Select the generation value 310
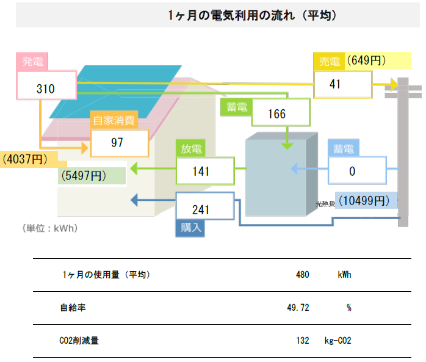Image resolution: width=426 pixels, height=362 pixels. pos(46,89)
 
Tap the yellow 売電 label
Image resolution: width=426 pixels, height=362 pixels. pos(330,62)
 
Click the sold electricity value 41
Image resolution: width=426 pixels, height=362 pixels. pos(334,85)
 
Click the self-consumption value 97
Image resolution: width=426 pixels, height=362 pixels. pos(117,143)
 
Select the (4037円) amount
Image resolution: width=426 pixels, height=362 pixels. pos(26,159)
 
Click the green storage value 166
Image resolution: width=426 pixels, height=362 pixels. pos(276,114)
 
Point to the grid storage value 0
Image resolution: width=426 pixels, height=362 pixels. pos(352,171)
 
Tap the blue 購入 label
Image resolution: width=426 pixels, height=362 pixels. pos(189,228)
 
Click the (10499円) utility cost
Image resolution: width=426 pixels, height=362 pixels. pos(364,200)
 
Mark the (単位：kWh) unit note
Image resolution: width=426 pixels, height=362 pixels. pos(49,228)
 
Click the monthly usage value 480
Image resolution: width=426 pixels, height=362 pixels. pos(302,275)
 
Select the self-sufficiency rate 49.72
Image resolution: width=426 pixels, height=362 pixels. pos(298,308)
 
